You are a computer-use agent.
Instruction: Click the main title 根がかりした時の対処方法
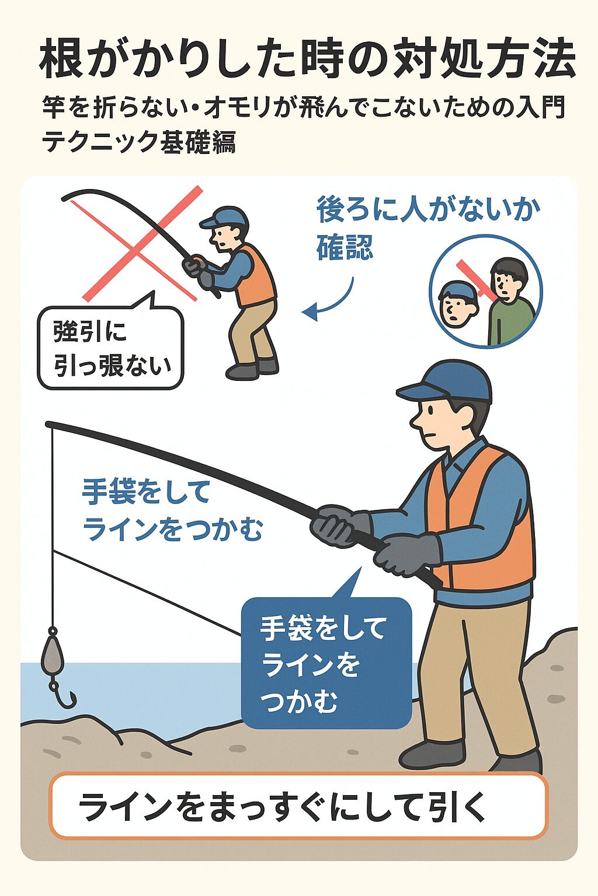[307, 61]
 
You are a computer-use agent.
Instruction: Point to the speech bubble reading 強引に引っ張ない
[110, 348]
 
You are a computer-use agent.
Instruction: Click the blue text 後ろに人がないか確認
[426, 228]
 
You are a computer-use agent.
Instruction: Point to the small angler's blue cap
[225, 218]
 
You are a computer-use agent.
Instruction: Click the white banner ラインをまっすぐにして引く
[298, 807]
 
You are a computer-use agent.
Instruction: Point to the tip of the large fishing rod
[49, 424]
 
